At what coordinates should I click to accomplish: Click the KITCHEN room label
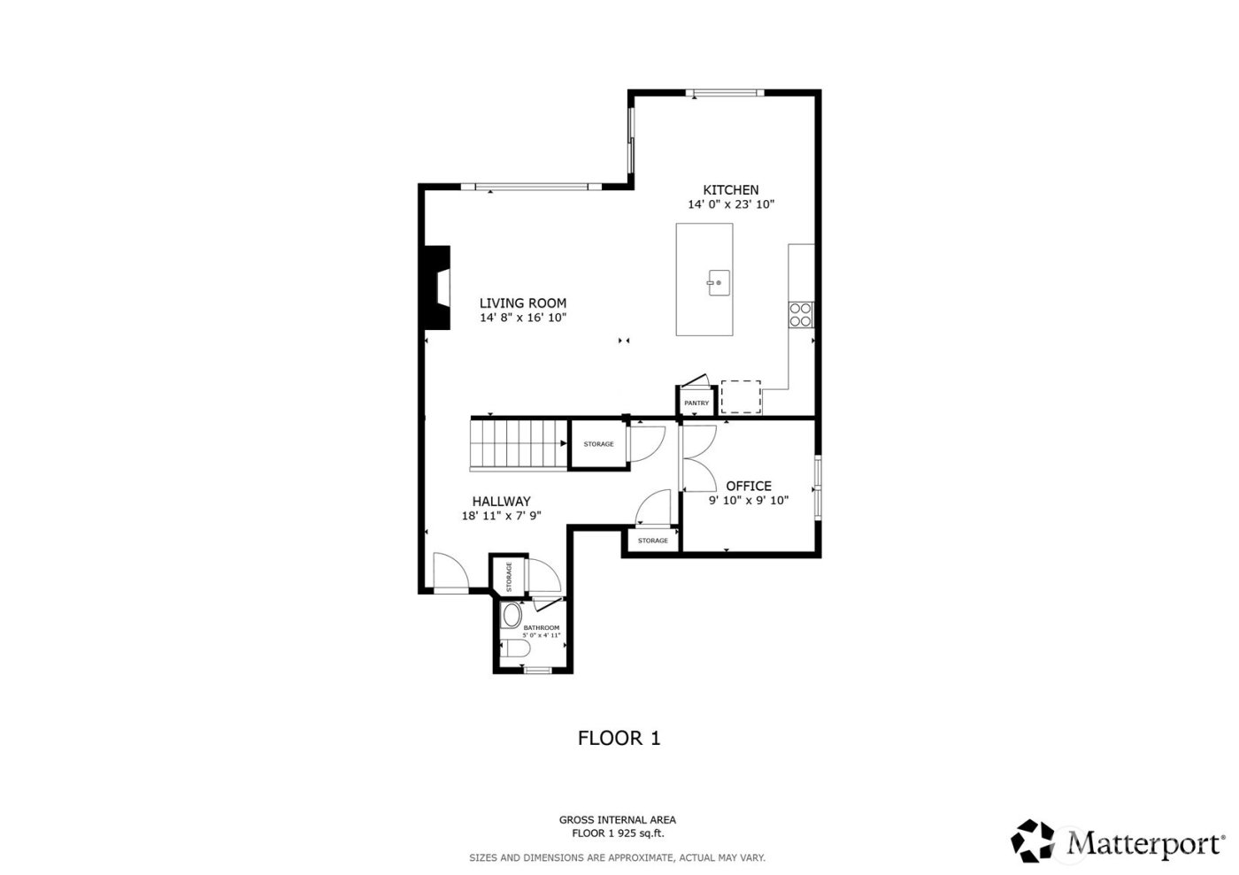click(x=730, y=190)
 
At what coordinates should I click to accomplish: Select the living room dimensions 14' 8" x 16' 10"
click(x=522, y=317)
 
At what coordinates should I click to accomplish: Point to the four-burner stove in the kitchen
click(x=801, y=314)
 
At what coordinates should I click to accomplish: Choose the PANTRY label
click(x=696, y=403)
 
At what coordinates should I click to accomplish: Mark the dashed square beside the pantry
click(x=741, y=396)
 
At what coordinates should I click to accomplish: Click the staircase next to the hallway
click(x=519, y=443)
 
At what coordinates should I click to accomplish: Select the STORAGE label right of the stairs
click(x=598, y=444)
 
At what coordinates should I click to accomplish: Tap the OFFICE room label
click(x=749, y=486)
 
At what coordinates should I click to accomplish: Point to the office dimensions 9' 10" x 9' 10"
click(x=749, y=500)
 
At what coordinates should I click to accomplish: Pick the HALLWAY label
click(x=501, y=501)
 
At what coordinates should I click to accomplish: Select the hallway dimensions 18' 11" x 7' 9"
click(x=501, y=516)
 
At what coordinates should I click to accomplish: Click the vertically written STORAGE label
click(x=509, y=576)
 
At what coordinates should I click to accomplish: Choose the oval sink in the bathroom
click(x=512, y=616)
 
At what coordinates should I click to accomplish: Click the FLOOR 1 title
click(x=619, y=738)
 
